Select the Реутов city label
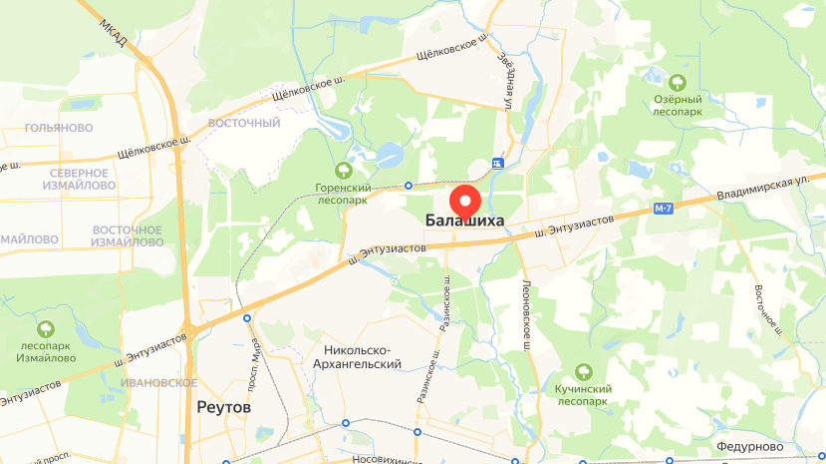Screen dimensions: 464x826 point(224,408)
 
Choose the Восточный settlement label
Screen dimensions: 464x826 point(244,123)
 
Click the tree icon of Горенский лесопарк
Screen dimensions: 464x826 point(344,170)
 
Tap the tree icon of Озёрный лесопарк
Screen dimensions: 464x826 point(679,82)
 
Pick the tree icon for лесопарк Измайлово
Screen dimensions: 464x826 point(45,328)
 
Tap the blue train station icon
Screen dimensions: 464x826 point(497,163)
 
